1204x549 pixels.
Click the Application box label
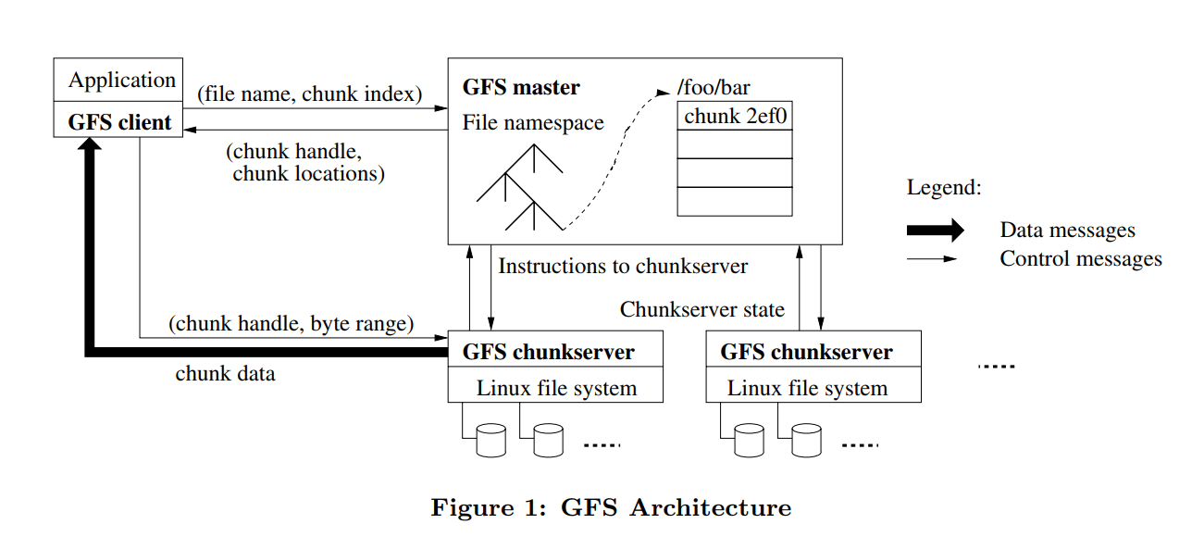121,81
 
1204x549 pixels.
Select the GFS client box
119,122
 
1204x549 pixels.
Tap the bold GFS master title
521,88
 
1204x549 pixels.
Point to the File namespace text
533,122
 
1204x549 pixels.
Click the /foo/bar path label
714,89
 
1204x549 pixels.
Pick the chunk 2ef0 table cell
735,117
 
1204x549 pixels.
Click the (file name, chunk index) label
310,94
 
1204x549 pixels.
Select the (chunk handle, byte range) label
291,324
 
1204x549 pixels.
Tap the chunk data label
225,374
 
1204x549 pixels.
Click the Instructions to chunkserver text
623,267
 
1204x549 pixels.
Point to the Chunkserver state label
702,309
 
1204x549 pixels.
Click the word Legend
943,188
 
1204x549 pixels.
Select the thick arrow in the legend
935,231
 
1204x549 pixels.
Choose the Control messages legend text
1080,259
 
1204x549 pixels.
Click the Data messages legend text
1067,231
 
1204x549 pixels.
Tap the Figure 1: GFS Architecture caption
611,508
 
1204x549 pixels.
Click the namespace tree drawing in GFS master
520,190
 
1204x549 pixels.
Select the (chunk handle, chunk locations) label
305,162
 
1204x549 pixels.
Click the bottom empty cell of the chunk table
735,202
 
